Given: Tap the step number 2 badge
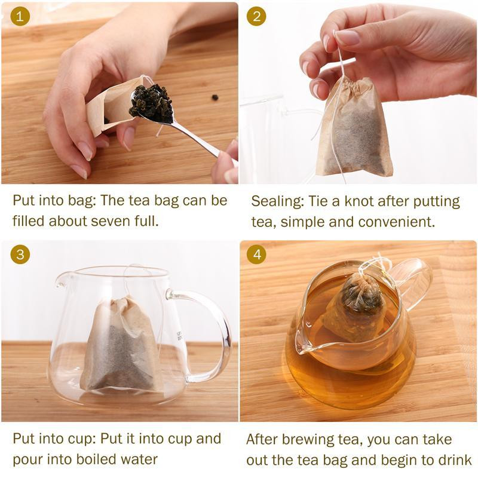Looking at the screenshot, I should (257, 16).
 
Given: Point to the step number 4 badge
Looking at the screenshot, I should (257, 255).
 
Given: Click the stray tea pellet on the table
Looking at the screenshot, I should (214, 97).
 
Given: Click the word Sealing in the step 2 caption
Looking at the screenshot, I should (276, 201).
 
